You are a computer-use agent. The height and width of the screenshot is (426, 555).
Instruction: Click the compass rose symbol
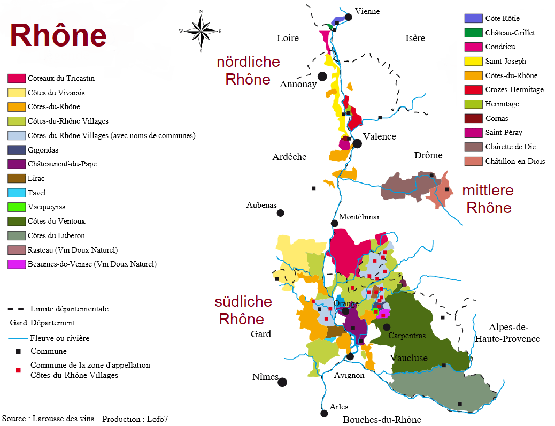point(201,31)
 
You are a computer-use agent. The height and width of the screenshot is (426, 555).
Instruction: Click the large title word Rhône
point(58,36)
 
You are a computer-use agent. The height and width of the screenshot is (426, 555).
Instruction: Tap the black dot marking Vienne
point(349,17)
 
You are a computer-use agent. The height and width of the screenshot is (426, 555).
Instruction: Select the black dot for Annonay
point(322,77)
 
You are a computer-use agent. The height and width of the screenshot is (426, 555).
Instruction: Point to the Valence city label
point(379,136)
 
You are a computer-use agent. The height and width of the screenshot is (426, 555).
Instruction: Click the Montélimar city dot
point(335,223)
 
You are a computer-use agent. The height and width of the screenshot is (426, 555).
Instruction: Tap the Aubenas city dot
point(280,213)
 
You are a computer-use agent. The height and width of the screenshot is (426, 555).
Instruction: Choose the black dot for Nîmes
point(282,382)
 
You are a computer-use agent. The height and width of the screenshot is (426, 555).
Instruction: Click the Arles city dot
point(324,413)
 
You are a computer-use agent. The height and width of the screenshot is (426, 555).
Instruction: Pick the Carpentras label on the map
point(407,336)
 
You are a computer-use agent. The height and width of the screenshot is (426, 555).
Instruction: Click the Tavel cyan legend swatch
point(17,193)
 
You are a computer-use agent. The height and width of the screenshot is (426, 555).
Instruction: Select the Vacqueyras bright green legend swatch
point(17,207)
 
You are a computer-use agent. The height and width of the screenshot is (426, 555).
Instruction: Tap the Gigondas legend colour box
point(17,150)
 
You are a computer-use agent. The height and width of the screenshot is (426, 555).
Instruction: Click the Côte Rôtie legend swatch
point(473,19)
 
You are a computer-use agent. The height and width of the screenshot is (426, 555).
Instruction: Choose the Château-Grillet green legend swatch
point(473,33)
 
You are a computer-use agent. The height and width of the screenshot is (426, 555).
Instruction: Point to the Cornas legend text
point(497,118)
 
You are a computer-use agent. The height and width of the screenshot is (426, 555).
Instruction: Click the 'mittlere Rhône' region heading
point(488,199)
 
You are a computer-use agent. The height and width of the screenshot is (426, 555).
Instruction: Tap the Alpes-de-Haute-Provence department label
point(507,333)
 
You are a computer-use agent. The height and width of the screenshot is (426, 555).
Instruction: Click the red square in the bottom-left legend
point(18,370)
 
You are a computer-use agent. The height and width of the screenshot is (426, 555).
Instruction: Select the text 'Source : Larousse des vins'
point(48,419)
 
